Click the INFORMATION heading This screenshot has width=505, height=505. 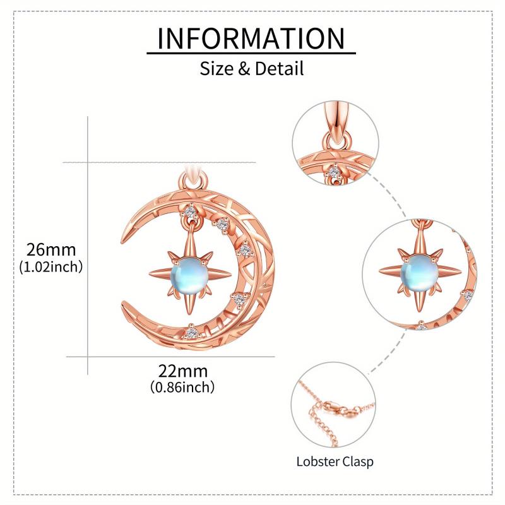(x=251, y=39)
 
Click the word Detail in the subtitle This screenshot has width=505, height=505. (x=279, y=68)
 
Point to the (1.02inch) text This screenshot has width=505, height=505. (x=50, y=266)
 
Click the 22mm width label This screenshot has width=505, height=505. (x=183, y=371)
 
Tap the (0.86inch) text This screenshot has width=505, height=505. (x=183, y=387)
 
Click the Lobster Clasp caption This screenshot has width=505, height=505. (x=335, y=461)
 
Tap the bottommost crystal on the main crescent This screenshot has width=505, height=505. (x=193, y=331)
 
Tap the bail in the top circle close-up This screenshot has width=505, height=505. (x=336, y=121)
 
